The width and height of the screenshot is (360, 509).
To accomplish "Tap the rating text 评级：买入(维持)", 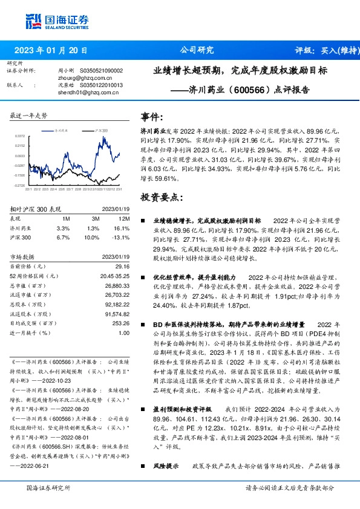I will point(323,50).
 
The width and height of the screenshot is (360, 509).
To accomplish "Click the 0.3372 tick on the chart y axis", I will point(20,137).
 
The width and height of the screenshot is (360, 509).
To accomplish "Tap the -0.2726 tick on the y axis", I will point(20,185).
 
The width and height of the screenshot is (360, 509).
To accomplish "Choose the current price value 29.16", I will point(122,267).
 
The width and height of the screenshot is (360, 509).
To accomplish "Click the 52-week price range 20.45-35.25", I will point(115,276).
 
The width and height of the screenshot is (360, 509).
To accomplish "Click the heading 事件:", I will point(151,117).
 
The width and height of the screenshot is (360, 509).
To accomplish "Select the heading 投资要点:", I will point(161,197).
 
